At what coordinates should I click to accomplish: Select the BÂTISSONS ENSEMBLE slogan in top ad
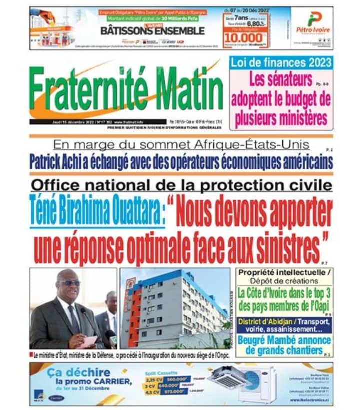(x=152, y=31)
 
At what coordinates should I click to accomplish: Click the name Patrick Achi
(x=62, y=163)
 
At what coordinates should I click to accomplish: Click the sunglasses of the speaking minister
(x=70, y=283)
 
